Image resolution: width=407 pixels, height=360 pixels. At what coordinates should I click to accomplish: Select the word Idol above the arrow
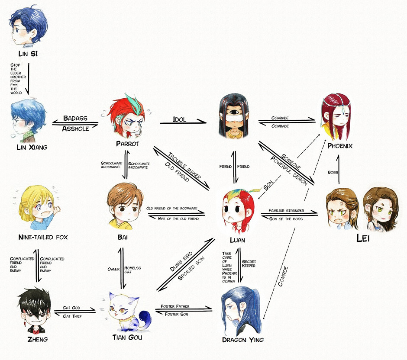tap(179, 119)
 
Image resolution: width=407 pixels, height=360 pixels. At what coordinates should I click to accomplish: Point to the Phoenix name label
tap(340, 146)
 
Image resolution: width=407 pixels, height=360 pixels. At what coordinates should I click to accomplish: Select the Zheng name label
tap(33, 339)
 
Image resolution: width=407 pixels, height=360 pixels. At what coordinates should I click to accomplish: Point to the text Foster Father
tap(174, 306)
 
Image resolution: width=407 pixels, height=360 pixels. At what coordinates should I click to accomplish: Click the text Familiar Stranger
tap(286, 211)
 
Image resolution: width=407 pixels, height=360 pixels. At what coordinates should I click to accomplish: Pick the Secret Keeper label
tap(249, 264)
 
